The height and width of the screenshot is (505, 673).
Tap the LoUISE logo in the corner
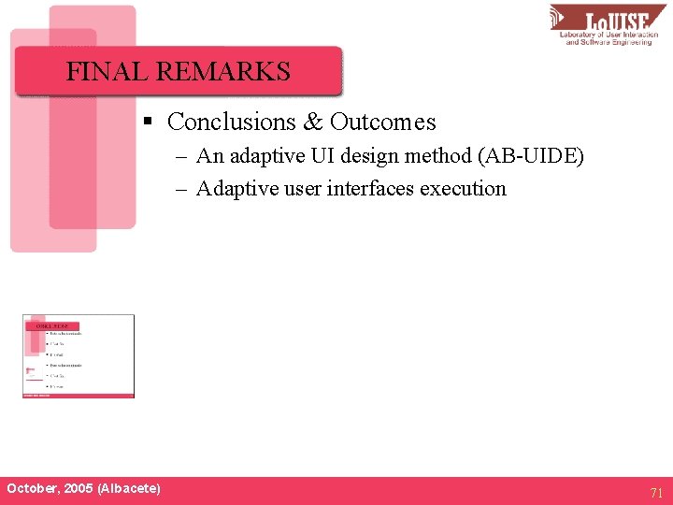[607, 24]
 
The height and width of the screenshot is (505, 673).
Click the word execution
[463, 189]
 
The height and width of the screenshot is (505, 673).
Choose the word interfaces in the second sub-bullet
[370, 189]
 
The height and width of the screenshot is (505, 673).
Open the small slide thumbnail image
[79, 356]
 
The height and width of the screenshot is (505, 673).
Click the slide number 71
[655, 492]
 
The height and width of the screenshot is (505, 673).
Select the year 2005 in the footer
[78, 489]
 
